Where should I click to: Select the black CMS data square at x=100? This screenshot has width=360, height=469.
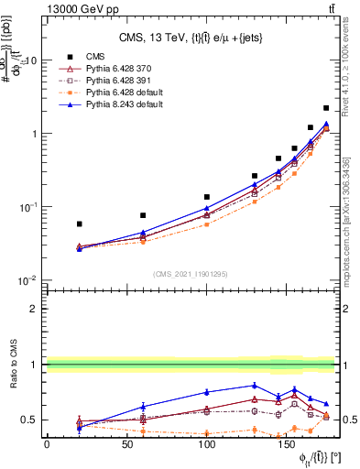(207, 197)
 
